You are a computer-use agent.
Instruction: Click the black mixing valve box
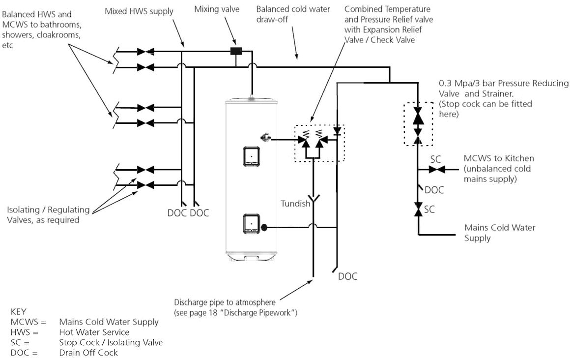click(x=238, y=51)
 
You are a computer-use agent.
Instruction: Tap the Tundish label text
click(x=296, y=204)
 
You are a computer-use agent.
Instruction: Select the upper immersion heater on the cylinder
click(x=252, y=156)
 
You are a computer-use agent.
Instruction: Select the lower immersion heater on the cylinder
click(x=252, y=224)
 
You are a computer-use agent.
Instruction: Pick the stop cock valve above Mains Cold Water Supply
click(x=418, y=210)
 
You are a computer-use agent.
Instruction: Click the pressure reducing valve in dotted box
click(x=418, y=119)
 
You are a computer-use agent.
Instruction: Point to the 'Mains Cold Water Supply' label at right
click(x=499, y=233)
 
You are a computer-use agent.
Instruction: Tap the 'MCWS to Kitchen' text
click(x=498, y=158)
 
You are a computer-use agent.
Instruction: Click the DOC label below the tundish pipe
click(x=347, y=277)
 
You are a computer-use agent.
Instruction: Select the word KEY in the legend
click(x=19, y=312)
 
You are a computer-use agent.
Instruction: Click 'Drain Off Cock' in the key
click(x=88, y=352)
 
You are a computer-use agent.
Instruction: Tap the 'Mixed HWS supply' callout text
click(x=139, y=11)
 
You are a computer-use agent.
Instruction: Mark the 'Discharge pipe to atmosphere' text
click(x=225, y=301)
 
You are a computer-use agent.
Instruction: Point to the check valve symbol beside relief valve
click(x=337, y=132)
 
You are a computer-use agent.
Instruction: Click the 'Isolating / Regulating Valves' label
click(x=48, y=215)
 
